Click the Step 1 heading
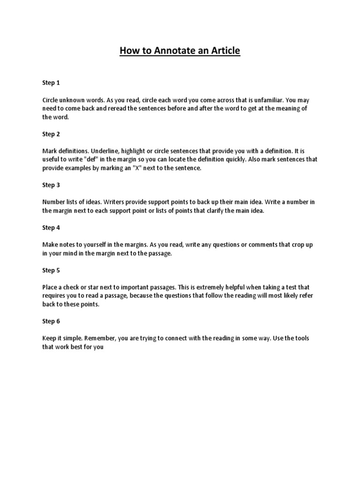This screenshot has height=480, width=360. point(51,83)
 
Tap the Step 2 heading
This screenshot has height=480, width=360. point(51,134)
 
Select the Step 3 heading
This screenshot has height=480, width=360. point(51,185)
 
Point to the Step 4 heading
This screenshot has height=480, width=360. point(51,228)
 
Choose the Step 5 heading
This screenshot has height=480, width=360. point(51,270)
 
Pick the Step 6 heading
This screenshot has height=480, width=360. point(51,322)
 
